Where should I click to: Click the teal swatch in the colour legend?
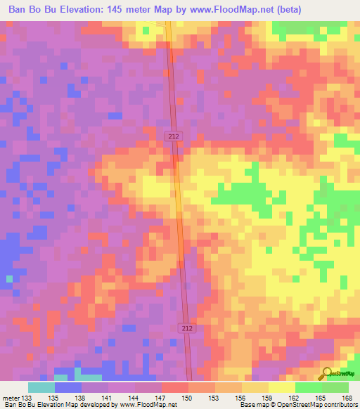click(41, 387)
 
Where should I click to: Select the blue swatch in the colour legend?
click(67, 387)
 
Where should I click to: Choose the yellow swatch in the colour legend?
click(281, 387)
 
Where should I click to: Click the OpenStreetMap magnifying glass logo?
click(328, 373)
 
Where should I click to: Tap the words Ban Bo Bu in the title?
click(32, 9)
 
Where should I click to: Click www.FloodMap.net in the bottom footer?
click(145, 405)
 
